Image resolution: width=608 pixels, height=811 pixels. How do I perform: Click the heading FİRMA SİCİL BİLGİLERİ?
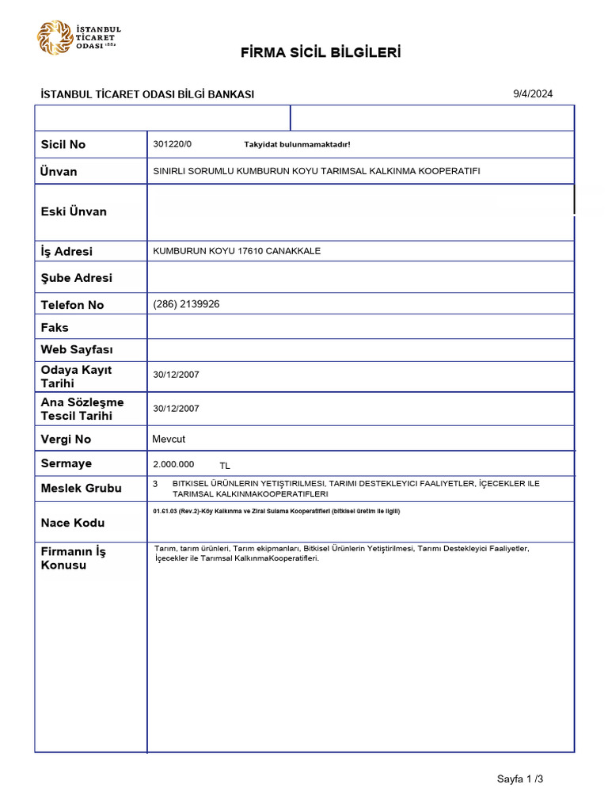click(x=321, y=53)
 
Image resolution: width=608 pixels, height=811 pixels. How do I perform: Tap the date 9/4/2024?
click(x=533, y=93)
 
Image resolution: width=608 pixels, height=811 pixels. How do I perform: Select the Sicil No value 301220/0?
click(x=172, y=144)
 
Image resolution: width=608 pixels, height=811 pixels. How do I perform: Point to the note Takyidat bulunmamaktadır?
click(x=297, y=145)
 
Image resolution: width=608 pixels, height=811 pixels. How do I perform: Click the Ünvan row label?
click(x=59, y=172)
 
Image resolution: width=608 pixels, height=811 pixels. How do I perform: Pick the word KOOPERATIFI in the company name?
click(x=452, y=171)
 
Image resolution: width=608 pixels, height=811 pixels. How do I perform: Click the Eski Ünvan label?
click(x=74, y=211)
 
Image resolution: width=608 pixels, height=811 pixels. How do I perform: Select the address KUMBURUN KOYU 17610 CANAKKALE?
click(x=237, y=251)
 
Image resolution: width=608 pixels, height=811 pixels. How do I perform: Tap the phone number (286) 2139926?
click(x=186, y=304)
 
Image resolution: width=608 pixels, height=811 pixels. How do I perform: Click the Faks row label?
click(x=55, y=327)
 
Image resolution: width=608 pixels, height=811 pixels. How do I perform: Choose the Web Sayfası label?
click(x=77, y=349)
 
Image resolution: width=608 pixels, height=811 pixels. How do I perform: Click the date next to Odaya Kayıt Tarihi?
click(x=176, y=375)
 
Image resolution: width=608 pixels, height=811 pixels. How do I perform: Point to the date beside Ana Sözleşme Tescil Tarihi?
click(x=176, y=409)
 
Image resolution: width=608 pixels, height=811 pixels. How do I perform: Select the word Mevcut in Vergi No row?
click(x=168, y=439)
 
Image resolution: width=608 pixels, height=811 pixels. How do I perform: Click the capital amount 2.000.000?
click(x=173, y=464)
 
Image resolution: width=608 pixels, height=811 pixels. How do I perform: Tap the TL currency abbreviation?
click(x=225, y=466)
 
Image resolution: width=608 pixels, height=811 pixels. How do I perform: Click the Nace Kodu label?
click(x=73, y=523)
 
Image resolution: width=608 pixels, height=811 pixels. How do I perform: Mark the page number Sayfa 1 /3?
click(x=520, y=779)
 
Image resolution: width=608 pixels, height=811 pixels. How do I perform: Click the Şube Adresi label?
click(x=77, y=278)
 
